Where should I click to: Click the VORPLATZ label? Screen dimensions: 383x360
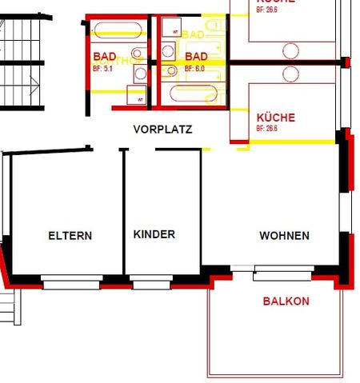click(162, 129)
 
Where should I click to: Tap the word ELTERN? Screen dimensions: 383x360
click(70, 236)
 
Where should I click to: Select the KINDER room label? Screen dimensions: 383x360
click(154, 234)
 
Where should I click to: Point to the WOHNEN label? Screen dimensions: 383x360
click(284, 236)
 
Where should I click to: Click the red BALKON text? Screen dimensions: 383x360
click(286, 301)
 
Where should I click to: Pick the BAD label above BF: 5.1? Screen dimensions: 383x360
click(105, 57)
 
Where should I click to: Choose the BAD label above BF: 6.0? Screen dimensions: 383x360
click(196, 57)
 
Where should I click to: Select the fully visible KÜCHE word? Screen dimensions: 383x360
click(275, 118)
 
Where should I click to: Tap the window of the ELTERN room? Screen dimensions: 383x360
click(70, 282)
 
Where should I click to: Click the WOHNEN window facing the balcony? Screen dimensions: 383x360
click(282, 275)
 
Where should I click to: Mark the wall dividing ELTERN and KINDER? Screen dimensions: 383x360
click(124, 212)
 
